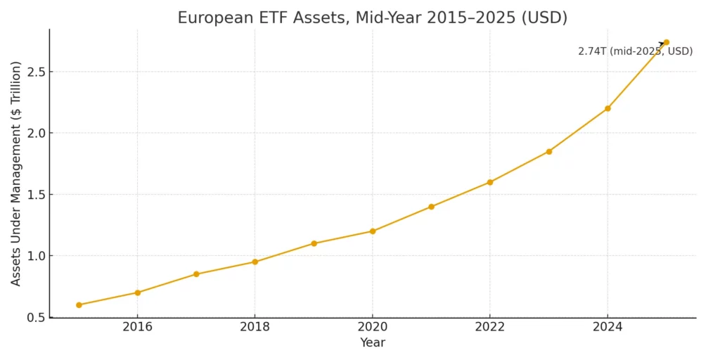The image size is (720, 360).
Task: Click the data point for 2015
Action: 79,305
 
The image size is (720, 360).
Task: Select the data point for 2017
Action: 196,274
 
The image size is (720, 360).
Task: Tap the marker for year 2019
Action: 314,243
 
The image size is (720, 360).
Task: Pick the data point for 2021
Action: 431,207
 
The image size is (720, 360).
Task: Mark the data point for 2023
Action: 549,151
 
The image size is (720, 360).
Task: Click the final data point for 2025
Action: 666,42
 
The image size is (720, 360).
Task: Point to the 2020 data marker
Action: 373,231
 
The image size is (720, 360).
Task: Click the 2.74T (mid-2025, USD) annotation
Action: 635,51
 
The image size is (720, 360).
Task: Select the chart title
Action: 373,18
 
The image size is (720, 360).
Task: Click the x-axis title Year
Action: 373,343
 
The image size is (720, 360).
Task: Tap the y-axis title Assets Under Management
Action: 16,173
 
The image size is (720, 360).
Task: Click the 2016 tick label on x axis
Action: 137,327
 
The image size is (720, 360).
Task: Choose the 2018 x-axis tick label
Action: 255,327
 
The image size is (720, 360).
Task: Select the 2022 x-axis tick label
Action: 490,327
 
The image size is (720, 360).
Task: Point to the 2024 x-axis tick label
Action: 607,327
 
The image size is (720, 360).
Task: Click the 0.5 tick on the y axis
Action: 35,317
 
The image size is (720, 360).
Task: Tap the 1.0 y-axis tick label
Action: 35,256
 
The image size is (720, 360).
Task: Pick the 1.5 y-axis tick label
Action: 35,195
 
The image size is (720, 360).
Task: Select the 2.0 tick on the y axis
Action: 35,133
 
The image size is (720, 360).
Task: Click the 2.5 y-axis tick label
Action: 35,72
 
